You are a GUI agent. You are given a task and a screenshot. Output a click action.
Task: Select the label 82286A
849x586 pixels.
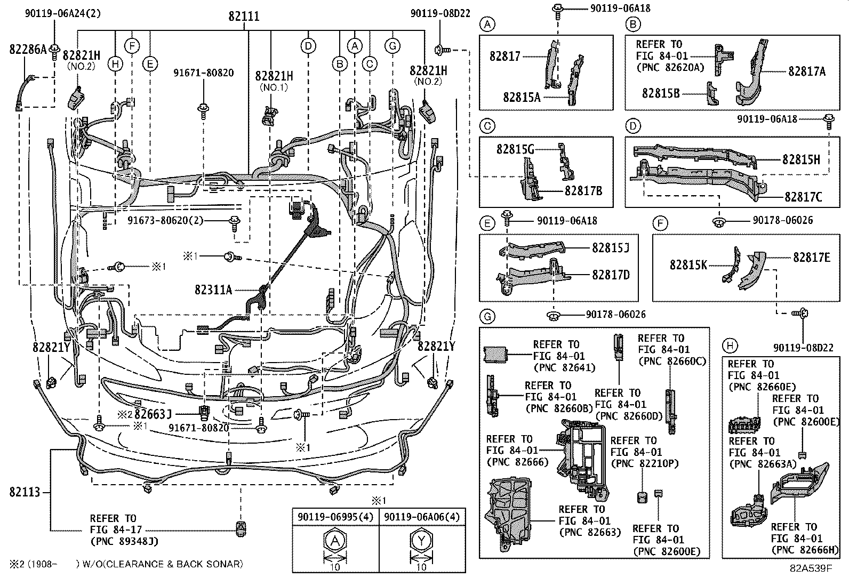pyautogui.click(x=28, y=49)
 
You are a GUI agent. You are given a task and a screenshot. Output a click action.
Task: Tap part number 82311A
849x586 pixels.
pyautogui.click(x=213, y=290)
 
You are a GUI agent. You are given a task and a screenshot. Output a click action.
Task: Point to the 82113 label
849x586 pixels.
pyautogui.click(x=25, y=492)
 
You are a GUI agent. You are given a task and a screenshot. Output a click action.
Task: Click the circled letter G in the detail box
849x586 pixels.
pyautogui.click(x=487, y=317)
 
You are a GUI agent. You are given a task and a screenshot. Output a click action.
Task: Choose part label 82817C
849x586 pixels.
pyautogui.click(x=803, y=197)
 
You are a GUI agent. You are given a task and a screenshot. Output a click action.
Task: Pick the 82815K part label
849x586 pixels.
pyautogui.click(x=688, y=264)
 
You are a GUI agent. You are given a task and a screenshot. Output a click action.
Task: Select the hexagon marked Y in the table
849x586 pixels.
pyautogui.click(x=421, y=542)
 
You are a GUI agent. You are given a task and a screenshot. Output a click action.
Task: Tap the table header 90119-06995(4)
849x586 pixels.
pyautogui.click(x=335, y=517)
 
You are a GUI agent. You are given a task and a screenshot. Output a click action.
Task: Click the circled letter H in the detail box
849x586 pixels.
pyautogui.click(x=730, y=346)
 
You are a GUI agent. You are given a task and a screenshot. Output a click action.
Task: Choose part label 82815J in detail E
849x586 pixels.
pyautogui.click(x=610, y=248)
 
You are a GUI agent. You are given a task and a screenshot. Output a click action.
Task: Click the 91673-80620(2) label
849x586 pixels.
pyautogui.click(x=166, y=220)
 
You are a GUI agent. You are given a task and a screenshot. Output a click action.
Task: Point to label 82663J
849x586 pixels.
pyautogui.click(x=153, y=414)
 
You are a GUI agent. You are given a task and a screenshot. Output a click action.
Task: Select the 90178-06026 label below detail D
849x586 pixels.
pyautogui.click(x=782, y=220)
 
